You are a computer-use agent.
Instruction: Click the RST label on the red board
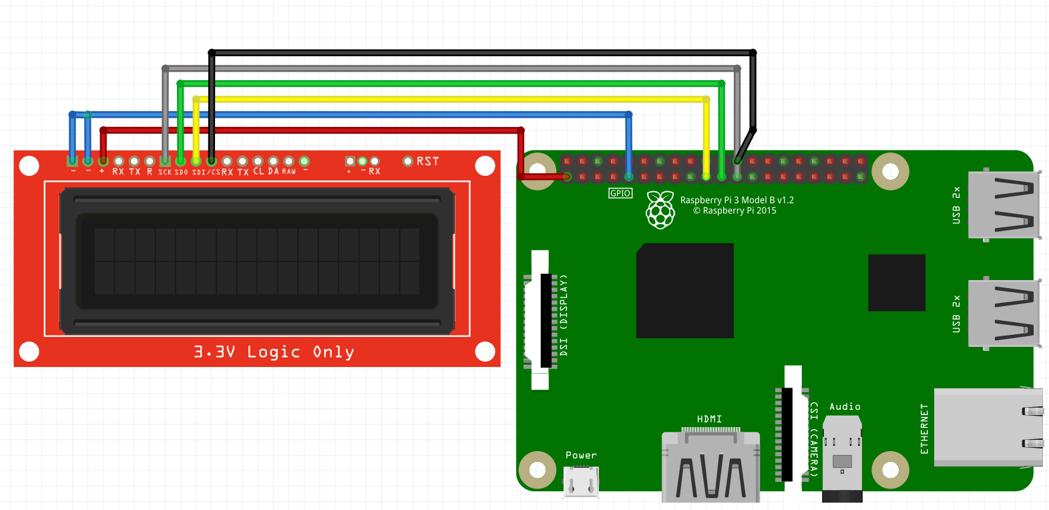coord(427,161)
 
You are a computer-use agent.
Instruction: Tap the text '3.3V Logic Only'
coord(274,352)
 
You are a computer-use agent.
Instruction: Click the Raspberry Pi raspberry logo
coord(660,209)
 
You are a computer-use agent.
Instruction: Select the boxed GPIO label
coord(620,193)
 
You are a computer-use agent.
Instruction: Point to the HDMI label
coord(709,419)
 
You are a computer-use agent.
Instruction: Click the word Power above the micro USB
coord(581,455)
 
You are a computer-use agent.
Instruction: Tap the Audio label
coord(845,406)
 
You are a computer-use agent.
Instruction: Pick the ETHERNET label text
coord(925,429)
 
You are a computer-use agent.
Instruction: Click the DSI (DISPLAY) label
coord(564,314)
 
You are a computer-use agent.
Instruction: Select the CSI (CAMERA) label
coord(813,438)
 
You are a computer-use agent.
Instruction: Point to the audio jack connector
coord(842,461)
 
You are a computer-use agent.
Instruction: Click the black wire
coord(481,52)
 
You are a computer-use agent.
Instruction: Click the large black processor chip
coord(684,291)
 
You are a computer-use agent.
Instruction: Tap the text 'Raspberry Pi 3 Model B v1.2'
coord(737,200)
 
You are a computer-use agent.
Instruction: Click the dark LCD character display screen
coord(257,261)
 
